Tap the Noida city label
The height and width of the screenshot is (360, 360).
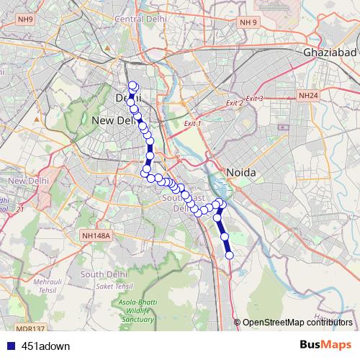pos(241,173)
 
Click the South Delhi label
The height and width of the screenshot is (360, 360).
pos(104,274)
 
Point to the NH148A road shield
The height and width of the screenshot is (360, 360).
pos(95,235)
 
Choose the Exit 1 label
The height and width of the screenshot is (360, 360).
pos(192,124)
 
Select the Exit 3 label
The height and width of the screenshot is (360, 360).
pos(255,98)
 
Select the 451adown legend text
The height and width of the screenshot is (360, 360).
pos(46,346)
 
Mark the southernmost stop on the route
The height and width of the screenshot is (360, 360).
pos(230,255)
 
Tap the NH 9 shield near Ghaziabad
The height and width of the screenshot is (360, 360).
pos(249,23)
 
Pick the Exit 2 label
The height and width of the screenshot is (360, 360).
pos(235,104)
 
